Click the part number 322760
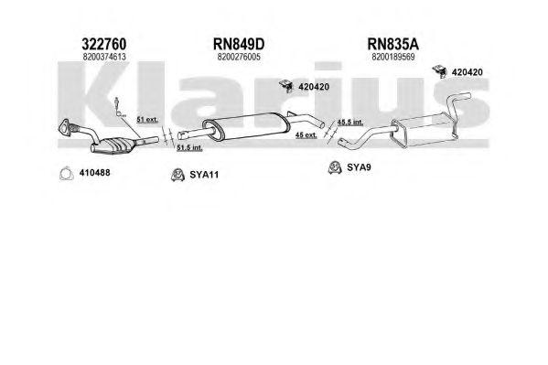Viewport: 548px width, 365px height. click(x=103, y=45)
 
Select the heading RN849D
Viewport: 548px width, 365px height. click(x=239, y=45)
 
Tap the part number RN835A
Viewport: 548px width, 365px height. click(x=392, y=45)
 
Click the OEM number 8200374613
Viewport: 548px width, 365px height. click(x=104, y=57)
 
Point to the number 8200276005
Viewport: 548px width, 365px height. click(x=239, y=57)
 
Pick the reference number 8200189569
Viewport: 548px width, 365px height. click(x=393, y=57)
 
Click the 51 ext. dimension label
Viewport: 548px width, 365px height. click(x=147, y=120)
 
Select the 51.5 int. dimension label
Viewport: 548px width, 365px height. click(x=189, y=148)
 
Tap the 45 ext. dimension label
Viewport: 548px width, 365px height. click(x=306, y=134)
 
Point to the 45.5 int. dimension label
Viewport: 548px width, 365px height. click(x=350, y=122)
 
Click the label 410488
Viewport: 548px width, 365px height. click(x=94, y=173)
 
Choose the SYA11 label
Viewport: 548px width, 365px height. click(x=204, y=175)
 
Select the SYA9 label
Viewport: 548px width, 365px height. click(x=359, y=167)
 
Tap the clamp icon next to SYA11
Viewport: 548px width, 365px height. click(x=177, y=175)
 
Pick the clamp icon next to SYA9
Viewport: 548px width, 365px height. click(x=335, y=167)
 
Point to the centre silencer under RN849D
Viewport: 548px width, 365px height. click(x=246, y=127)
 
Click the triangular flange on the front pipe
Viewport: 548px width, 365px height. click(x=65, y=127)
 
